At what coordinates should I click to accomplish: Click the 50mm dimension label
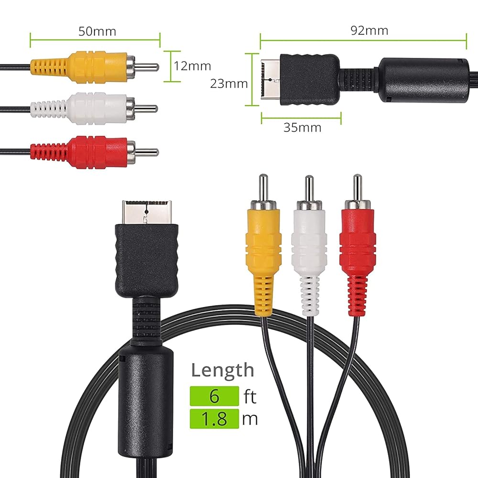[x=98, y=32]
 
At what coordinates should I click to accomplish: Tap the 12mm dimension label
[x=192, y=66]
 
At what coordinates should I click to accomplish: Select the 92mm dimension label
[x=369, y=31]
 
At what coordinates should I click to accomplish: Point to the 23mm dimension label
[x=229, y=84]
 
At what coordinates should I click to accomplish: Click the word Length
[x=223, y=370]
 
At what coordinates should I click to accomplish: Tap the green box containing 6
[x=214, y=396]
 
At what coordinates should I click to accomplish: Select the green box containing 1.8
[x=214, y=419]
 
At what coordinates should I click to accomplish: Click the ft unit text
[x=250, y=397]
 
